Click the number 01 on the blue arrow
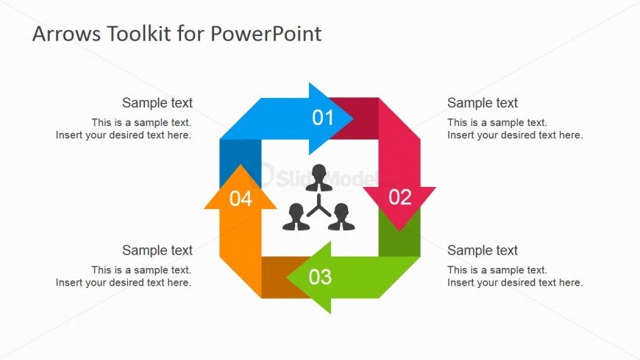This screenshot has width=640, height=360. [323, 118]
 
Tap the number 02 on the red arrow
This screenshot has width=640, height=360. [400, 197]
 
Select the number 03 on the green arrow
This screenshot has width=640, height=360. [320, 277]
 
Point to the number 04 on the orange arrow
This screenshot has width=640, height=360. [241, 199]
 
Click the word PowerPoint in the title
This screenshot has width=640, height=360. [266, 34]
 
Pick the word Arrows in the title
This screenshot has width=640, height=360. [66, 34]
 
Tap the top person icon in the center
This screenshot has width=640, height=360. [319, 177]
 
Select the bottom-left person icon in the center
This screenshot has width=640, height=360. [296, 217]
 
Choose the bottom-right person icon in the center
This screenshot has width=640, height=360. [341, 217]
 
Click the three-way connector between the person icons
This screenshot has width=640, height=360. [319, 206]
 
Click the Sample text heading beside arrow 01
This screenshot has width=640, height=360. [157, 103]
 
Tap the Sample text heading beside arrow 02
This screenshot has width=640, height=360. [483, 103]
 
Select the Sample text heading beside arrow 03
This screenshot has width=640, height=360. [483, 250]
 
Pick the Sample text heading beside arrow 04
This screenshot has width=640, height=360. [157, 250]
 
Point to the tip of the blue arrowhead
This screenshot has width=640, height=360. [353, 119]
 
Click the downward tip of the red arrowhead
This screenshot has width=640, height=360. [399, 231]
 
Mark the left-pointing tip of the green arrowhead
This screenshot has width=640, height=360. [287, 278]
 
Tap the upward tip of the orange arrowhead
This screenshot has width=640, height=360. [241, 165]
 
